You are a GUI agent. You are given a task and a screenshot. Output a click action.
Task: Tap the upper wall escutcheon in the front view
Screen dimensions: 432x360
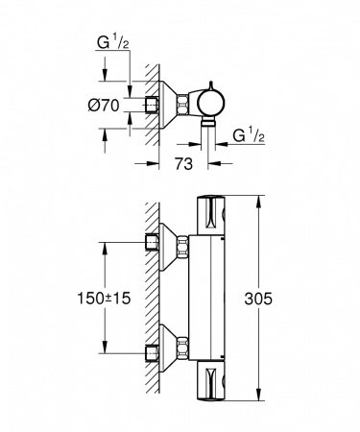(x=178, y=244)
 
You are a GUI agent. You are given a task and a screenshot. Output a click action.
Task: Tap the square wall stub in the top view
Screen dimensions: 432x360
(x=153, y=103)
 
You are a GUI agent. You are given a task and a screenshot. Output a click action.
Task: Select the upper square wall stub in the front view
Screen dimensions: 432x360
(x=154, y=244)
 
